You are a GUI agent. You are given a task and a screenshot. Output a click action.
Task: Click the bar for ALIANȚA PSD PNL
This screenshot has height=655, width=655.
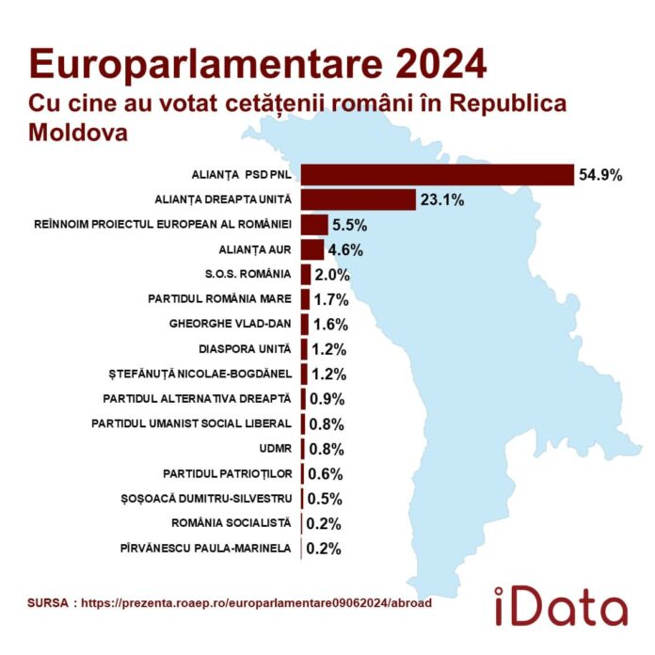point(438,175)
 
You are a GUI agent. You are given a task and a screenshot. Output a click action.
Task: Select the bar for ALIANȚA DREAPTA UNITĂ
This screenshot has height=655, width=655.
point(359,200)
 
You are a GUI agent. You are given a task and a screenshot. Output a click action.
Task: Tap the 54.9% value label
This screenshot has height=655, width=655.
point(601,175)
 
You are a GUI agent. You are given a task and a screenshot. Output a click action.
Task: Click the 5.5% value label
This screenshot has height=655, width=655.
point(350,225)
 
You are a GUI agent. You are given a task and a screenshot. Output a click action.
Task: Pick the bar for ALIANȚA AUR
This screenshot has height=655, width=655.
point(312,249)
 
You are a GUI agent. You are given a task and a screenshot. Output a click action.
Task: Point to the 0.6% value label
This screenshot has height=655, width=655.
point(325,473)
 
